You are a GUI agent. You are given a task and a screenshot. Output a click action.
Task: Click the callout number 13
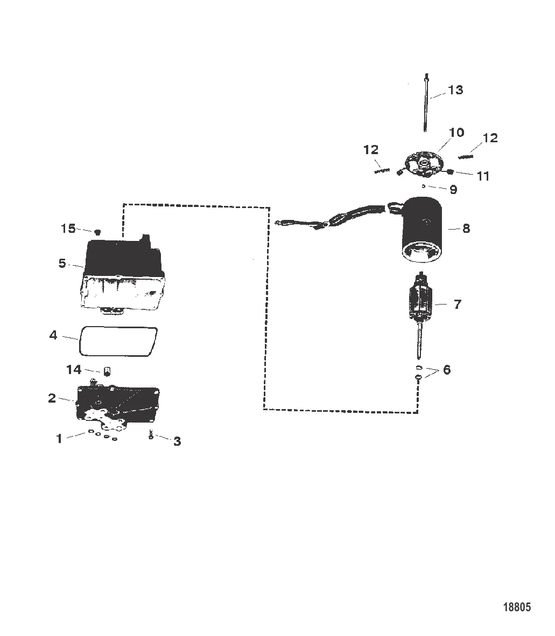455,89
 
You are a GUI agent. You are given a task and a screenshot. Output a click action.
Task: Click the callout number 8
466,229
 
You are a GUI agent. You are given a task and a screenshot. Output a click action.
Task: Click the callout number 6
447,370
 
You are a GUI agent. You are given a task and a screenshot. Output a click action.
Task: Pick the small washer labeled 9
424,186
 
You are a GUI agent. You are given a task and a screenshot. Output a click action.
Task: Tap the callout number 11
483,176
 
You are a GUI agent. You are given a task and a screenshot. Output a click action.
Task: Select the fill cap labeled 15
97,232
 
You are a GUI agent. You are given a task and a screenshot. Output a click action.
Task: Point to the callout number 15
68,229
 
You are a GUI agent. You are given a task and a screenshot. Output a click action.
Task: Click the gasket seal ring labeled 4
118,341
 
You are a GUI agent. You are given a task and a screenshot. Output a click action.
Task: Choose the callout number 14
74,370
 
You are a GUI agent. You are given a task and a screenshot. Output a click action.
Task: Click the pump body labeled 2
118,407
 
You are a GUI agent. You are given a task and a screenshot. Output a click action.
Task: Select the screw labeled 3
151,434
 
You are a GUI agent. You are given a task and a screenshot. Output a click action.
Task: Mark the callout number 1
60,439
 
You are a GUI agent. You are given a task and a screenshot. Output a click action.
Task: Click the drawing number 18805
516,607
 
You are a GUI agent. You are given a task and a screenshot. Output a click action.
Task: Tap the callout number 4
53,335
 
